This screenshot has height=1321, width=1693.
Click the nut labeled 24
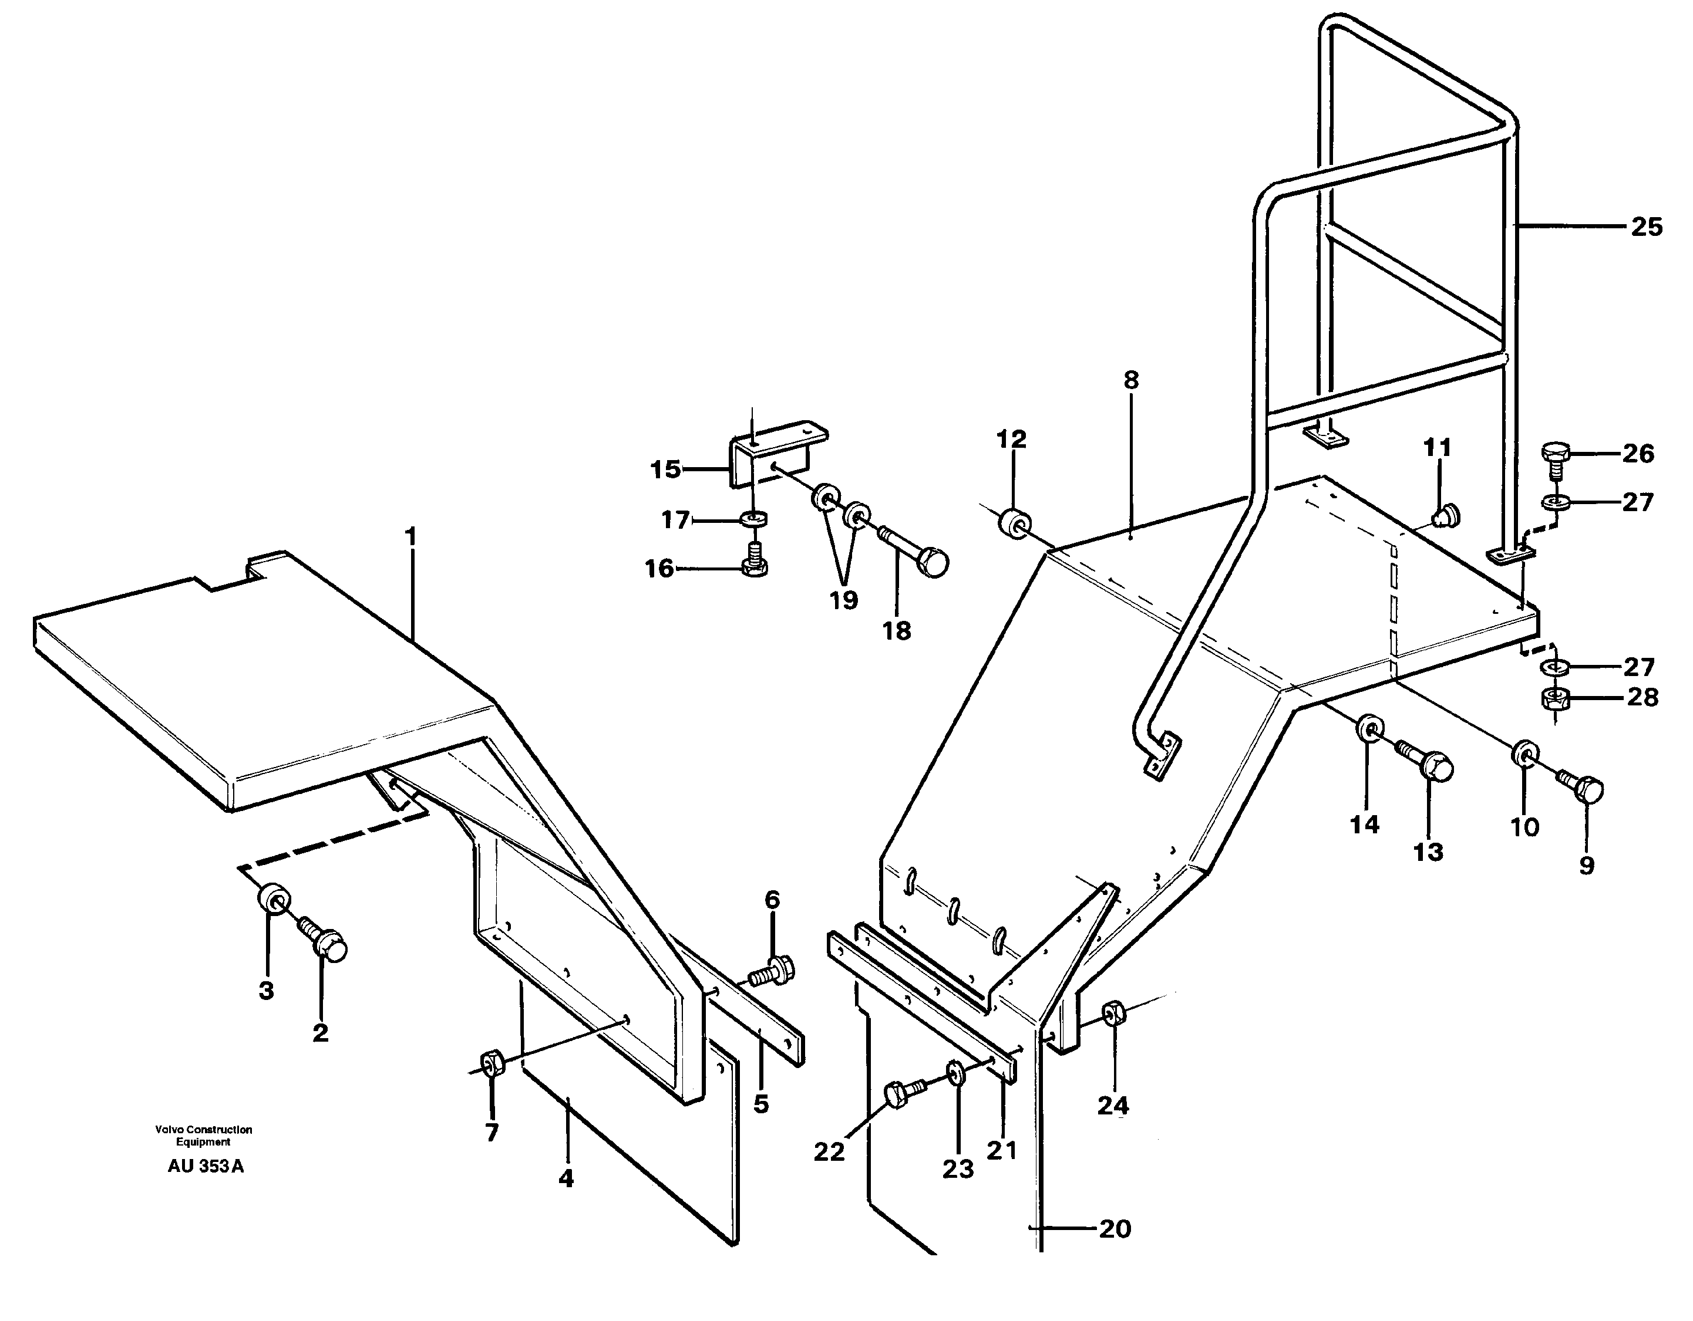pyautogui.click(x=1113, y=1013)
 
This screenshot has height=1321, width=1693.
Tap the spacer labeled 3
pyautogui.click(x=273, y=900)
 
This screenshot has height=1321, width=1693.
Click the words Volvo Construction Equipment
pyautogui.click(x=203, y=1136)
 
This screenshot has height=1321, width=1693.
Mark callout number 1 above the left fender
pyautogui.click(x=411, y=536)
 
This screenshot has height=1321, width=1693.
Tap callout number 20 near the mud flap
pyautogui.click(x=1115, y=1229)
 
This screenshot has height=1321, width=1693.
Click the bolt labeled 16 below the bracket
pyautogui.click(x=755, y=564)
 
